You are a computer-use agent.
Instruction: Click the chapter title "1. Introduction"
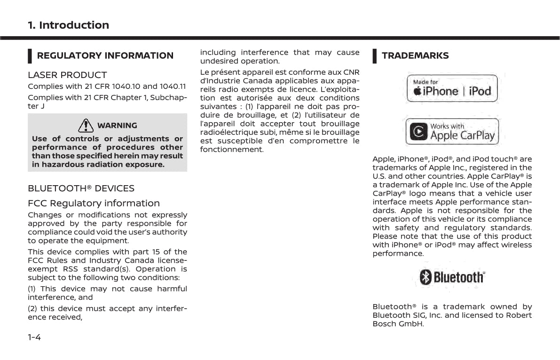pyautogui.click(x=68, y=25)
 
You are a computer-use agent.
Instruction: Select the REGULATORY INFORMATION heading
pyautogui.click(x=105, y=55)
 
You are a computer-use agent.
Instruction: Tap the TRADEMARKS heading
pyautogui.click(x=415, y=55)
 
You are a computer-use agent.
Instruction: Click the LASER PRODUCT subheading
pyautogui.click(x=67, y=75)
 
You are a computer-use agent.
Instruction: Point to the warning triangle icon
pyautogui.click(x=86, y=125)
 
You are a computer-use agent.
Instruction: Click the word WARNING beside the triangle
pyautogui.click(x=117, y=125)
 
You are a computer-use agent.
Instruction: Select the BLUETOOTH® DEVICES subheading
pyautogui.click(x=81, y=188)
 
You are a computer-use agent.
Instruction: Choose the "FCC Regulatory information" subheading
pyautogui.click(x=94, y=203)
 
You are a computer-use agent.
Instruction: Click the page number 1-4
pyautogui.click(x=34, y=337)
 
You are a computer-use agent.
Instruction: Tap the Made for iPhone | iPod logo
pyautogui.click(x=452, y=88)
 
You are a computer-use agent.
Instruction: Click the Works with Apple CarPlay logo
pyautogui.click(x=452, y=132)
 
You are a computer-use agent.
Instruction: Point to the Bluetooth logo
pyautogui.click(x=452, y=277)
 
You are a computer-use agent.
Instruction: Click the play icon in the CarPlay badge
pyautogui.click(x=418, y=132)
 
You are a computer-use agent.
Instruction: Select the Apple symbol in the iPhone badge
pyautogui.click(x=417, y=91)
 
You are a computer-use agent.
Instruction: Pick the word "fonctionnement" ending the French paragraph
pyautogui.click(x=232, y=149)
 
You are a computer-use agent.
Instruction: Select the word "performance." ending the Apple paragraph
pyautogui.click(x=398, y=253)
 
